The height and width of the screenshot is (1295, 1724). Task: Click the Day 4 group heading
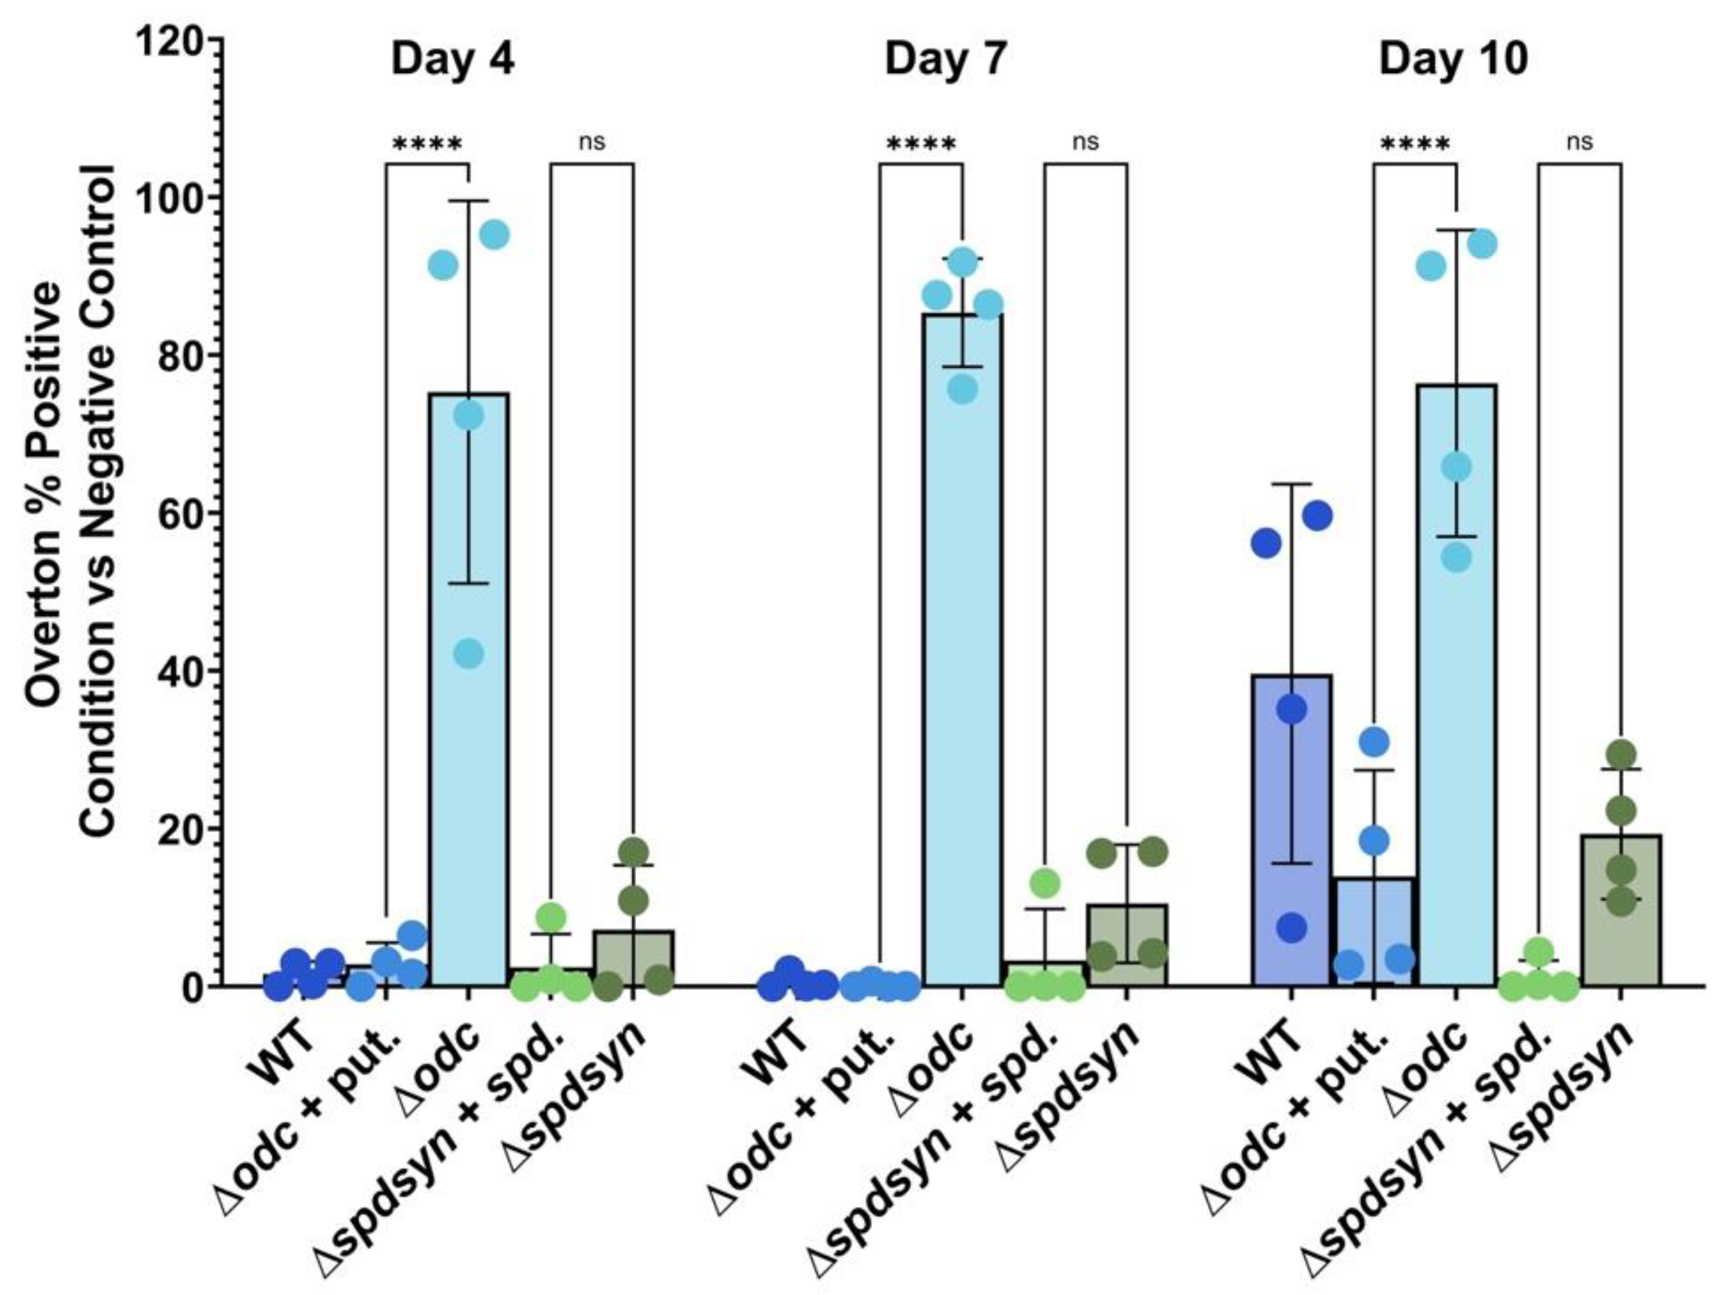point(453,60)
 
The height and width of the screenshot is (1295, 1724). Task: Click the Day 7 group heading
point(946,60)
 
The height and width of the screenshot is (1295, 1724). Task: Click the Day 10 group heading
point(1453,60)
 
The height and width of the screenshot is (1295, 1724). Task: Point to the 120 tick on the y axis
point(172,39)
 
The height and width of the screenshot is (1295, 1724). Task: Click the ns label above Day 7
point(1085,142)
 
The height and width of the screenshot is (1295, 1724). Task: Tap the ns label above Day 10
point(1580,142)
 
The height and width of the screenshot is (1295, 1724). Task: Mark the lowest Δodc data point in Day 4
point(468,653)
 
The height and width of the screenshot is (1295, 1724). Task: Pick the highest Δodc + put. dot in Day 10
point(1374,741)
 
